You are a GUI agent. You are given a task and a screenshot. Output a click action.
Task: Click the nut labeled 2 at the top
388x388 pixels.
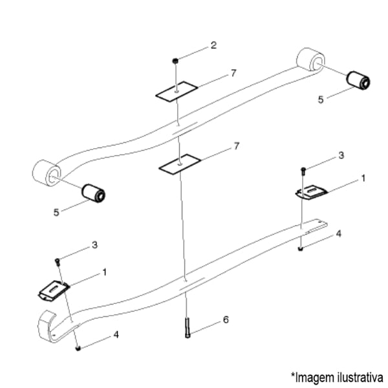tap(175, 61)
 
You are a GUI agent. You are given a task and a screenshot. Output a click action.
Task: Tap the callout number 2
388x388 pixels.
tap(213, 45)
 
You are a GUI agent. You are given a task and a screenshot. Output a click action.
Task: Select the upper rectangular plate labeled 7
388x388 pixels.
tap(177, 91)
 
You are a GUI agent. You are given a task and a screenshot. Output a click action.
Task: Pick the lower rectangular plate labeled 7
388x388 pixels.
tap(180, 164)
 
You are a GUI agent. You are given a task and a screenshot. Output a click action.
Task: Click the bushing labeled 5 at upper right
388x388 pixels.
tap(358, 80)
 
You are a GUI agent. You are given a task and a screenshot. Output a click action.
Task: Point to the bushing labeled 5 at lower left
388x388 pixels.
tap(94, 193)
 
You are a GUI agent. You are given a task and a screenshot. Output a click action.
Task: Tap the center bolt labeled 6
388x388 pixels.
tap(188, 328)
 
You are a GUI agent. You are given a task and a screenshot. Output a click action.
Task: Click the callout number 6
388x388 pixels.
tap(226, 319)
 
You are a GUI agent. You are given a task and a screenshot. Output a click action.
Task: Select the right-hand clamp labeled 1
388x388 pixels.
tap(312, 192)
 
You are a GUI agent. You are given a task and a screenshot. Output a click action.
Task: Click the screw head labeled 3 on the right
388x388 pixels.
tap(303, 169)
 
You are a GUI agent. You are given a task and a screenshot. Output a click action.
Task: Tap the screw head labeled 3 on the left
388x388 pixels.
tap(58, 261)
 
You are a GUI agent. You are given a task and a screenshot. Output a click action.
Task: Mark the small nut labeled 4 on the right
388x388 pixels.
tap(301, 249)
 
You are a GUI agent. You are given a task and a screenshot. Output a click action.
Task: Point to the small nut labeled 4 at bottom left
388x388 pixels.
tap(78, 349)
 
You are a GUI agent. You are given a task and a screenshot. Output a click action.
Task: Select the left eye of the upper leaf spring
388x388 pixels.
tap(47, 172)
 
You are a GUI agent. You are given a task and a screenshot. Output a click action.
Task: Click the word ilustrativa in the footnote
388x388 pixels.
tap(360, 378)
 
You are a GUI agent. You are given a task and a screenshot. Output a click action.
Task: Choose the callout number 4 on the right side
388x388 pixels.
tap(338, 233)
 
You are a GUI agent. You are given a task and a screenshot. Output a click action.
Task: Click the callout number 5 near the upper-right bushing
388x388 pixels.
tap(321, 100)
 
